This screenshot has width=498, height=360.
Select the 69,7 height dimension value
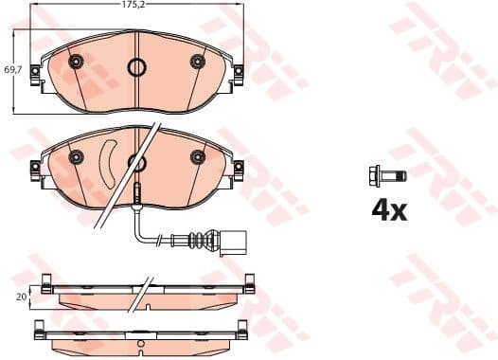tap(12, 70)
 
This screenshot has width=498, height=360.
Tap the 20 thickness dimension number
tap(20, 296)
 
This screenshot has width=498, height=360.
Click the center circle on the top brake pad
tap(136, 67)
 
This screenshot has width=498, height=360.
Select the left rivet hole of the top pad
tap(77, 63)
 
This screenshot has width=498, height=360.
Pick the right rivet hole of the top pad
tap(197, 63)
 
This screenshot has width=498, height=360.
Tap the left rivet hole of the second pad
tap(77, 157)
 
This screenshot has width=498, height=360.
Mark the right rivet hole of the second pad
tap(197, 156)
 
